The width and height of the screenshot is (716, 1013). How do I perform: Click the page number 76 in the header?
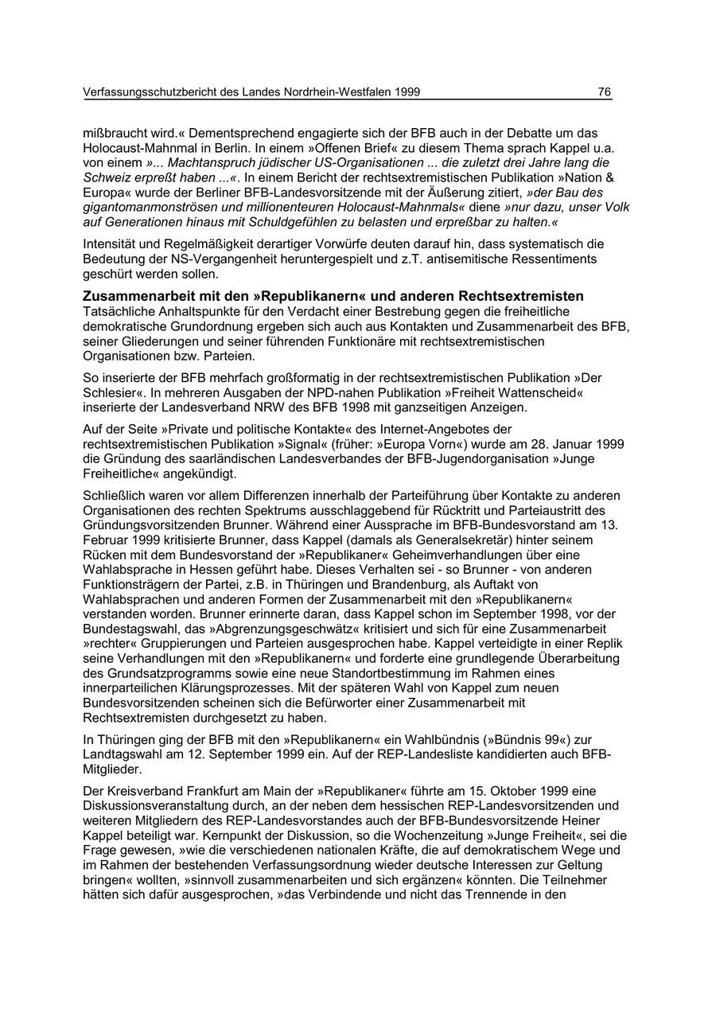(x=605, y=92)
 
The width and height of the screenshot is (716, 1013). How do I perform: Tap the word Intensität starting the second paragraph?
(x=111, y=244)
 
